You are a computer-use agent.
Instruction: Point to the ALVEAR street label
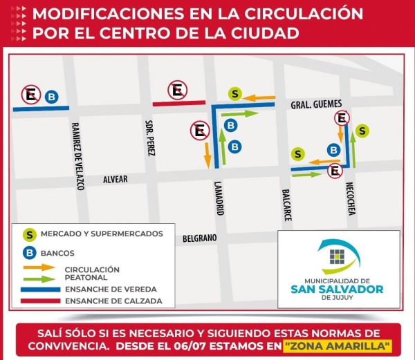click(x=116, y=179)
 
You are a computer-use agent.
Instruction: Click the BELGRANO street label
click(x=200, y=238)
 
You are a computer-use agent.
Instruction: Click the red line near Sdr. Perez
click(x=178, y=104)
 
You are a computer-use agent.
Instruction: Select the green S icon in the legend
click(x=30, y=234)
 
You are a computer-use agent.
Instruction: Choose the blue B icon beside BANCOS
click(x=30, y=253)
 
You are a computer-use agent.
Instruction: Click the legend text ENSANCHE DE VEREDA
click(x=110, y=289)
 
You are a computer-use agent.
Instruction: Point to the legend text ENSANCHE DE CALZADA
click(x=113, y=301)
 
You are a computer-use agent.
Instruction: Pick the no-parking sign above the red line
click(x=178, y=89)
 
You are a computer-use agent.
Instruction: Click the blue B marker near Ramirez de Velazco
click(x=51, y=97)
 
